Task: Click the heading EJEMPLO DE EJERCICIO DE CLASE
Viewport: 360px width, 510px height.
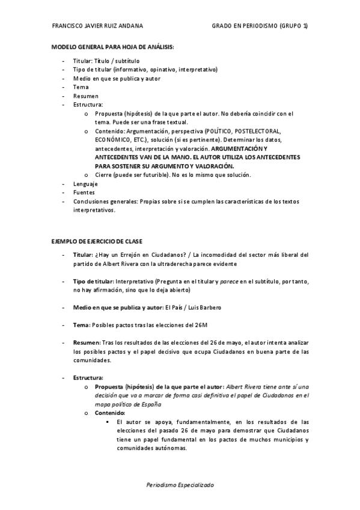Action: (96, 241)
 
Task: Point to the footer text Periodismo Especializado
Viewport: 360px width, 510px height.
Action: (180, 484)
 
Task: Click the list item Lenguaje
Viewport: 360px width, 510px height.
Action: (86, 184)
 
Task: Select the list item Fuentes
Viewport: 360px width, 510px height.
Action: (84, 192)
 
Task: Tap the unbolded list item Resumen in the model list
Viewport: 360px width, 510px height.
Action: (85, 96)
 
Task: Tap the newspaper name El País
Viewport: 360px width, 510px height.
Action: (174, 307)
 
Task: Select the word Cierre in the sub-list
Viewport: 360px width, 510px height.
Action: (105, 175)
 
